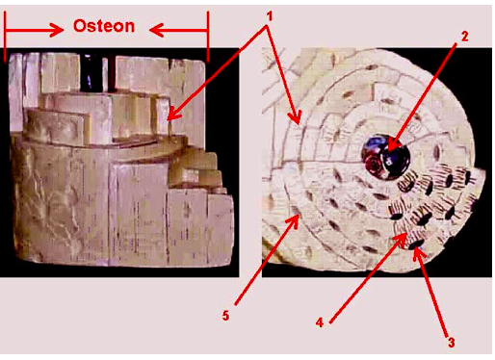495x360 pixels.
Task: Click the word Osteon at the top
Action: click(x=104, y=26)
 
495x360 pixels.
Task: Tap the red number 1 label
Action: click(x=270, y=16)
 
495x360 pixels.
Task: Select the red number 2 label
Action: click(x=464, y=37)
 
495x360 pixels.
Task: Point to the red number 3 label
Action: click(x=451, y=343)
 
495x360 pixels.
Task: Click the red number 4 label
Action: click(x=320, y=322)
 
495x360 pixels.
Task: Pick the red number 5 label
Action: click(x=225, y=316)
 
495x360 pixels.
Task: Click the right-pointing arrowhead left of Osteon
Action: click(x=57, y=31)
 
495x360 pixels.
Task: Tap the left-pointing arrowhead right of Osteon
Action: click(x=156, y=31)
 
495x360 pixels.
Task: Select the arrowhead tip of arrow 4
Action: click(x=406, y=235)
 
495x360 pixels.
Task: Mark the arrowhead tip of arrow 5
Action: click(x=300, y=216)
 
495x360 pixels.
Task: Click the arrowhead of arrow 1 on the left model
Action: click(x=169, y=119)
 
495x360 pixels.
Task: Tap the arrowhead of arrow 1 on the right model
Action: click(x=299, y=124)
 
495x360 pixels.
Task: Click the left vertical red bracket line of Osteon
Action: click(x=5, y=36)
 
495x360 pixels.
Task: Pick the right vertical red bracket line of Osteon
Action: click(x=208, y=37)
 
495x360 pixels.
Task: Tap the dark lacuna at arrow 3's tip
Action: click(x=416, y=244)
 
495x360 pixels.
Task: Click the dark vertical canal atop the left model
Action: click(x=90, y=72)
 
